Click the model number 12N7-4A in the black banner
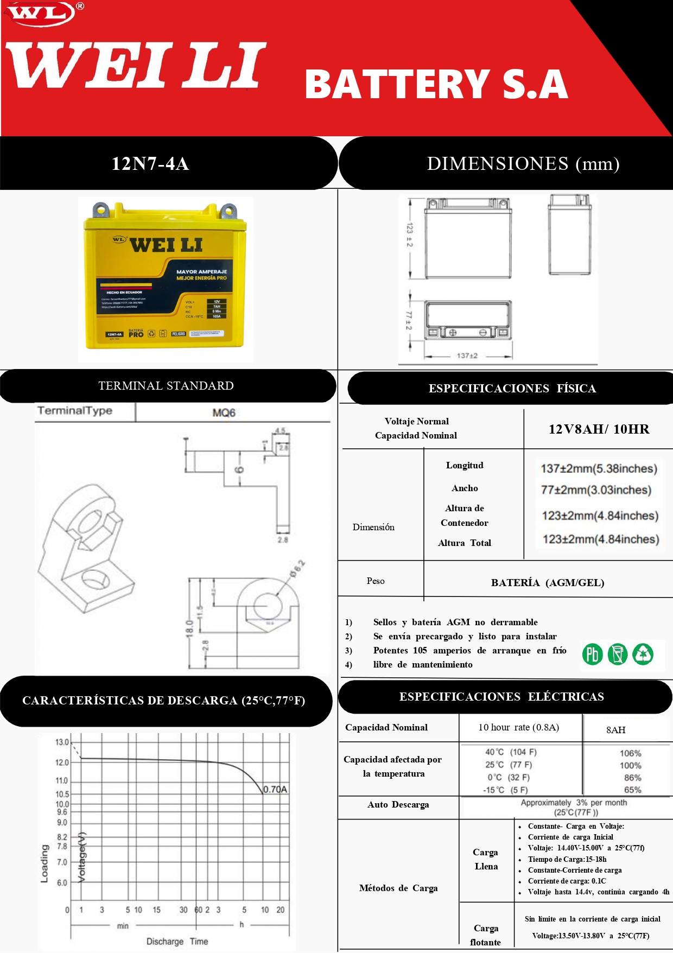coord(150,163)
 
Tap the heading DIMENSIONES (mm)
coord(523,163)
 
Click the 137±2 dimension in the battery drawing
coord(467,356)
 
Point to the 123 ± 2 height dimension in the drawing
coord(409,234)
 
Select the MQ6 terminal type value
coord(224,412)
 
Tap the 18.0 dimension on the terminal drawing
coord(189,630)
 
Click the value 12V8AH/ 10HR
coord(599,429)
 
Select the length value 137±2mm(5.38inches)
coord(599,468)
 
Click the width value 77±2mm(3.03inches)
coord(596,490)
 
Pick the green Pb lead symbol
coord(592,654)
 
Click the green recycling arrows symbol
coord(643,654)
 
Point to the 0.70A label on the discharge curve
coord(275,789)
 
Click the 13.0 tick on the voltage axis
coord(62,742)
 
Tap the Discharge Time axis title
coord(177,941)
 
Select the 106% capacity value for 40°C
coord(630,753)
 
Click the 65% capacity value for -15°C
coord(632,790)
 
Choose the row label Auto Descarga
coord(398,804)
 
